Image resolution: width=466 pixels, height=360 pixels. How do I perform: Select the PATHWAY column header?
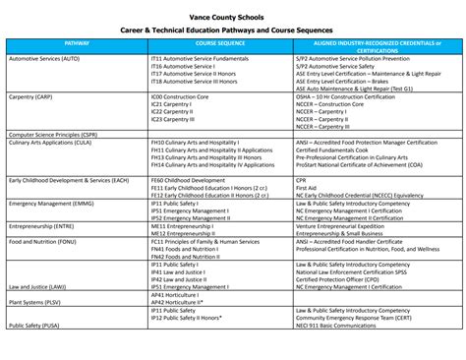(77, 44)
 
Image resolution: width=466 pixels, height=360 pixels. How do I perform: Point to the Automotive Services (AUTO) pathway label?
(44, 59)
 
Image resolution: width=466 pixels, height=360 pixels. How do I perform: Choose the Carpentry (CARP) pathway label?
(31, 97)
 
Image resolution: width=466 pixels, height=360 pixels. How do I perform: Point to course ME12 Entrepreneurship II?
(185, 233)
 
